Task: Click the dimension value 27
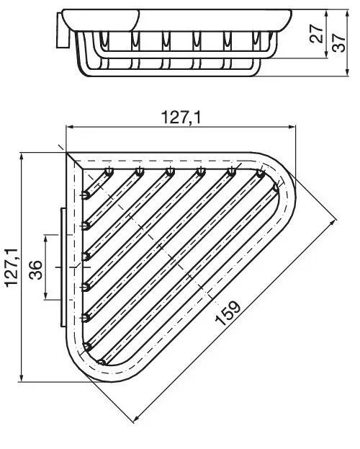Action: click(x=316, y=34)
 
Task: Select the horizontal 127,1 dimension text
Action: click(x=181, y=117)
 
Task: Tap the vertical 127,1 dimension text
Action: click(x=12, y=267)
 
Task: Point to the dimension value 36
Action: click(x=36, y=270)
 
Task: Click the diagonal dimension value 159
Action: click(x=228, y=313)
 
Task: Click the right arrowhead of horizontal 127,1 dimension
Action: click(x=292, y=127)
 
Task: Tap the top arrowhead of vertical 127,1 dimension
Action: click(x=21, y=157)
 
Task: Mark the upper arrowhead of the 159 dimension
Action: click(x=333, y=222)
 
